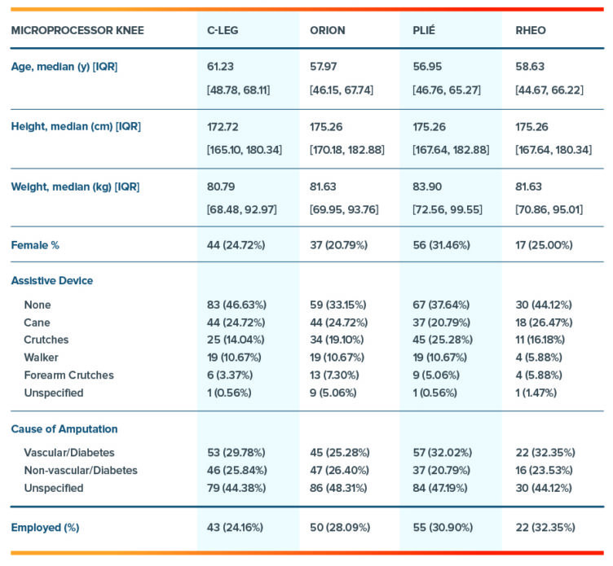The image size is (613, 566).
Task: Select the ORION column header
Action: [327, 31]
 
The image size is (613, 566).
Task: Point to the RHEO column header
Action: [531, 31]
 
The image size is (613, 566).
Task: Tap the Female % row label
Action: [34, 244]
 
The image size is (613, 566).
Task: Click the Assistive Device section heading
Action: [51, 281]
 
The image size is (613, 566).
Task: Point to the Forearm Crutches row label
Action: [69, 375]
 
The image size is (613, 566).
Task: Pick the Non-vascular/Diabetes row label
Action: [81, 470]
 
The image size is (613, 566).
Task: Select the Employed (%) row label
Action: [45, 527]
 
